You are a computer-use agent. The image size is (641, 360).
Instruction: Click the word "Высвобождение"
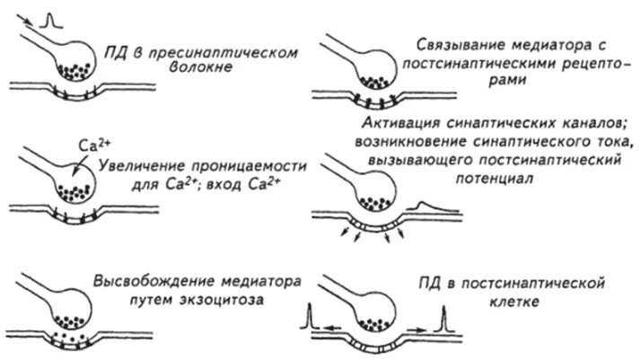click(147, 284)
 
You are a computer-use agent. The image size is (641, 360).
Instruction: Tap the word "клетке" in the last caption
click(514, 302)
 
